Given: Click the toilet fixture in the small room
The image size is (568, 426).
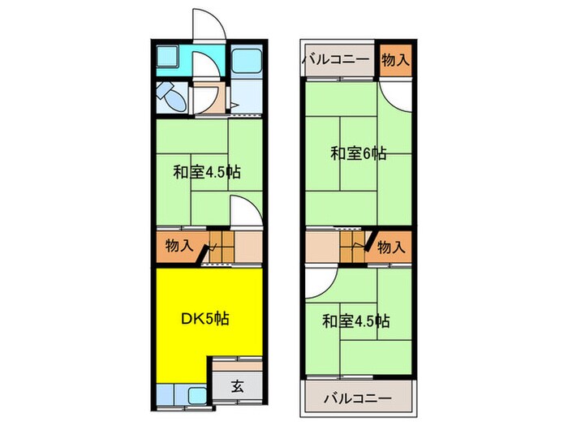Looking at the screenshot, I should pyautogui.click(x=171, y=97).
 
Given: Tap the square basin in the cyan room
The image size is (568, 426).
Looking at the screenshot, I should pyautogui.click(x=172, y=58).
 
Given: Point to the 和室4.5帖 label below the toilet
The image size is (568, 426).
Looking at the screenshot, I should pyautogui.click(x=206, y=172).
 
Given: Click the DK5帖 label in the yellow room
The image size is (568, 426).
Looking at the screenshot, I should pyautogui.click(x=203, y=318).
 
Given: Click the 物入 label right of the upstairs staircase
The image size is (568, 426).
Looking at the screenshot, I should pyautogui.click(x=390, y=246).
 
